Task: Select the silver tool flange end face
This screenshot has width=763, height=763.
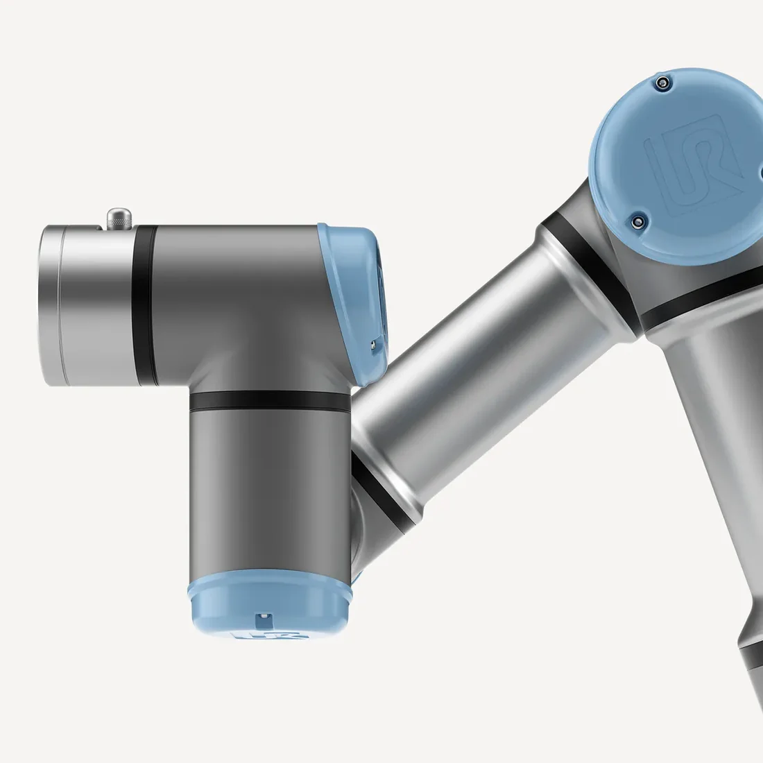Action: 52,305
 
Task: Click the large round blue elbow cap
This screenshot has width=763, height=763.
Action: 676,166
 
